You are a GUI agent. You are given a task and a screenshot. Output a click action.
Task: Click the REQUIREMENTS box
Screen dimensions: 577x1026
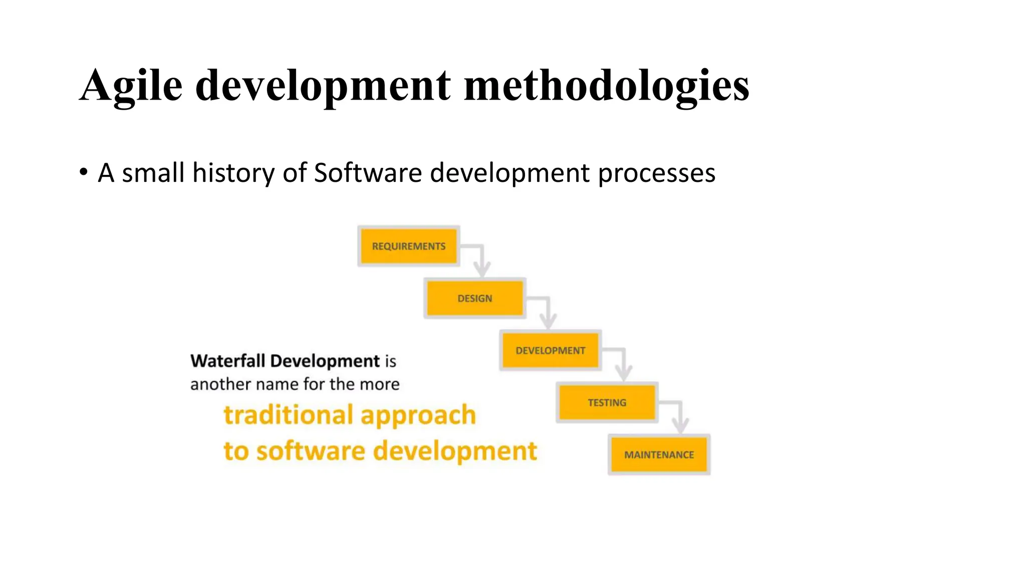(408, 246)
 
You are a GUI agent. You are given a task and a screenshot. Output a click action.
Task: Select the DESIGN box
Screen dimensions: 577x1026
(474, 299)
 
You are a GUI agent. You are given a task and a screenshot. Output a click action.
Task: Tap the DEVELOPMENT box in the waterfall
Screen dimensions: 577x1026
(550, 351)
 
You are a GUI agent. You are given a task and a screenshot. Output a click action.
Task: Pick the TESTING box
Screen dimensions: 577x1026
(607, 403)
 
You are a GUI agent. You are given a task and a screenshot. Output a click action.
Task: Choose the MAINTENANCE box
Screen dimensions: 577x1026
(659, 455)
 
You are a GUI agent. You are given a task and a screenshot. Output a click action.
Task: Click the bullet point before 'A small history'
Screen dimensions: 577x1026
(84, 173)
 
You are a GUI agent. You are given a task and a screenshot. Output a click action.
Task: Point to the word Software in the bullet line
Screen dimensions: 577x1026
(368, 173)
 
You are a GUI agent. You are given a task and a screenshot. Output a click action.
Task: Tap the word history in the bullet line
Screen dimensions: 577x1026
(233, 173)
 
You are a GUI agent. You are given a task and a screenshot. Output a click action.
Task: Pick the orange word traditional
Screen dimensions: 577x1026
(288, 415)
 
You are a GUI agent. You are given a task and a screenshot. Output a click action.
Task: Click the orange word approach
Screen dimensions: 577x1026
(418, 416)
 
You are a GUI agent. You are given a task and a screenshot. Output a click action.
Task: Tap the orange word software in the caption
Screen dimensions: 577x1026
(311, 451)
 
